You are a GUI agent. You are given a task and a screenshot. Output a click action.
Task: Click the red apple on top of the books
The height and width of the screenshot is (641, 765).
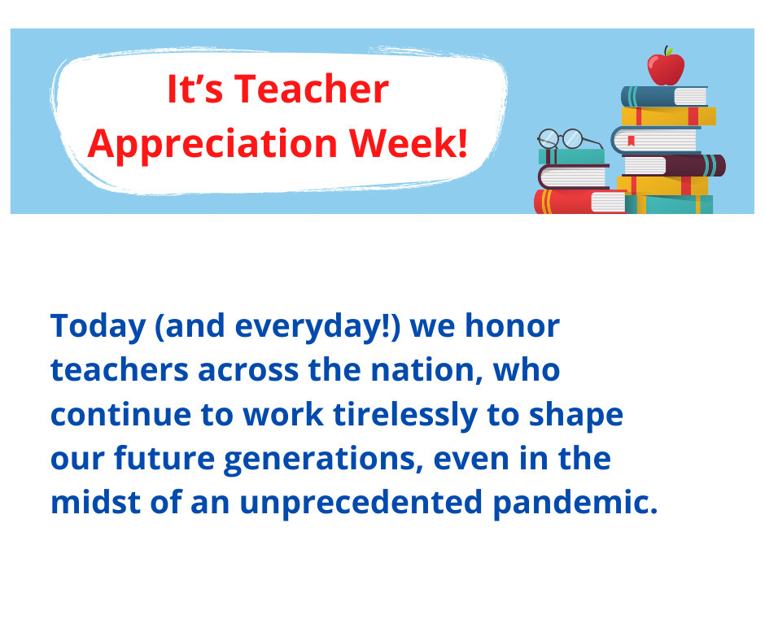[x=666, y=68]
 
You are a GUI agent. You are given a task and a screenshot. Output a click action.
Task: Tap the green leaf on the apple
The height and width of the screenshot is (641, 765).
[x=670, y=50]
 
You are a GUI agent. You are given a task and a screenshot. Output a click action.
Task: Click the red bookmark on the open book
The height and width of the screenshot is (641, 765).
[x=631, y=141]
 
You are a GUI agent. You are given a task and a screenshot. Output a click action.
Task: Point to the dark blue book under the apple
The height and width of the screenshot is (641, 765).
[x=664, y=96]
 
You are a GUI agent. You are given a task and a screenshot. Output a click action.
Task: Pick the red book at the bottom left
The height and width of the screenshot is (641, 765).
[x=579, y=202]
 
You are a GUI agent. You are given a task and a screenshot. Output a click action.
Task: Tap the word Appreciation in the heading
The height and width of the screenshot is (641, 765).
[x=212, y=145]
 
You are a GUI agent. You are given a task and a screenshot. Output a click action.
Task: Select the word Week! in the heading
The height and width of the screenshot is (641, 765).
[x=409, y=143]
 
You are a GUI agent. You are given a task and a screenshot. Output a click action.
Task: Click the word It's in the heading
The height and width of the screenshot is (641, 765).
[x=195, y=89]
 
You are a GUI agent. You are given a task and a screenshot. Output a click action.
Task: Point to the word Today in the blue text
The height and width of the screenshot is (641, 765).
[x=98, y=326]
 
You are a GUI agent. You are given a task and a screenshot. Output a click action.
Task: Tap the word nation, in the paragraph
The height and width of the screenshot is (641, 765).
[x=427, y=370]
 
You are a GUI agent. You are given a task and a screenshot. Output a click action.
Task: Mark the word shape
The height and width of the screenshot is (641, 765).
[x=576, y=416]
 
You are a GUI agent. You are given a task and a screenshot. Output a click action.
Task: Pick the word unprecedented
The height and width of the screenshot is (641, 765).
[x=361, y=504]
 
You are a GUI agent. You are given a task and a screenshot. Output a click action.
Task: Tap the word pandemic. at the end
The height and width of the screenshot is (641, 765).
[x=575, y=504]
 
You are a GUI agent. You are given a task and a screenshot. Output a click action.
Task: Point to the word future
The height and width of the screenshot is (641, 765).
[x=164, y=458]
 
